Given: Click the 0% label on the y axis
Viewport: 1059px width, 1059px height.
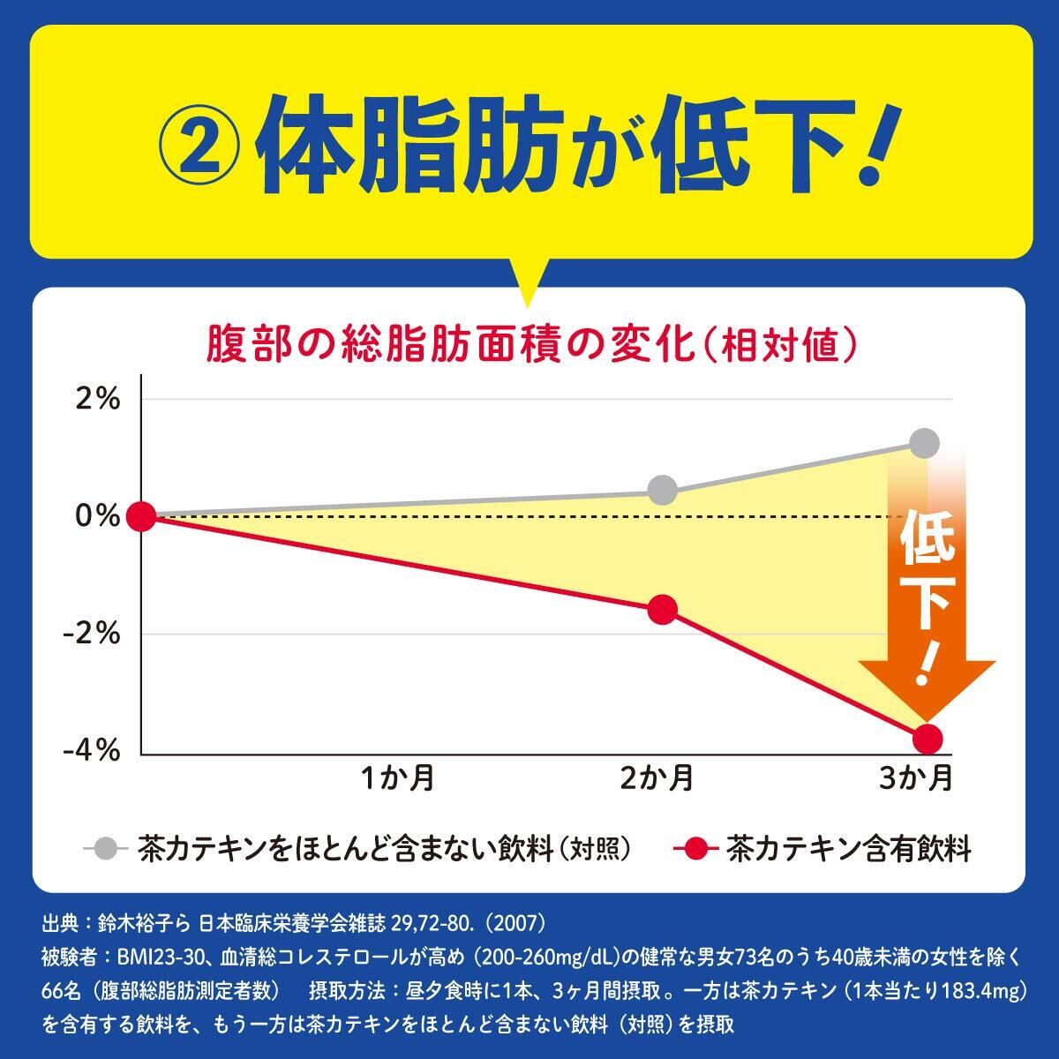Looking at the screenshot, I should [97, 516].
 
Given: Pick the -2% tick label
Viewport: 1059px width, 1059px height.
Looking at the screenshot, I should [93, 634].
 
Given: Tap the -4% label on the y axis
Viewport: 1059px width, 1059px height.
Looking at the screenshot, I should [93, 751].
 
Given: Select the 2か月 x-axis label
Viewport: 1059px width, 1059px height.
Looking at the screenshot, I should [657, 778].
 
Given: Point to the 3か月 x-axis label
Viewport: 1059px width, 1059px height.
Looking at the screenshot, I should [918, 778].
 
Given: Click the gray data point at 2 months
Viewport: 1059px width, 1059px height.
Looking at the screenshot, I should [662, 490].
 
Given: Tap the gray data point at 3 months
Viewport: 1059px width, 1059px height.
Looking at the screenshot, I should [924, 443].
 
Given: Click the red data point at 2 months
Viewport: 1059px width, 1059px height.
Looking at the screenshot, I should [662, 610].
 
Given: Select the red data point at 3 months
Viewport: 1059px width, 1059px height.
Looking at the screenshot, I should [928, 738].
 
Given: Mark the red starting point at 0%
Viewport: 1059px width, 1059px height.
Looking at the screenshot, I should [141, 516].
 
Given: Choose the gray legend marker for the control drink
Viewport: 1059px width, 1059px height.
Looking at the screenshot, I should [106, 849].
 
